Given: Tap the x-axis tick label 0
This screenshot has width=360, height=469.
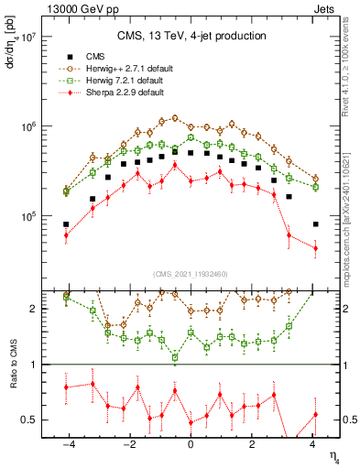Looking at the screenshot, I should [191, 446].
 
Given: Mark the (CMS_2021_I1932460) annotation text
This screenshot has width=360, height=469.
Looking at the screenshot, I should [191, 273].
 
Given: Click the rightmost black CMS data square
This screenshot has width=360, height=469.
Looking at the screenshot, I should [315, 224].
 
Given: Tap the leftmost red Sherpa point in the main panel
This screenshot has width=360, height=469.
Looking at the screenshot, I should [66, 235].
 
